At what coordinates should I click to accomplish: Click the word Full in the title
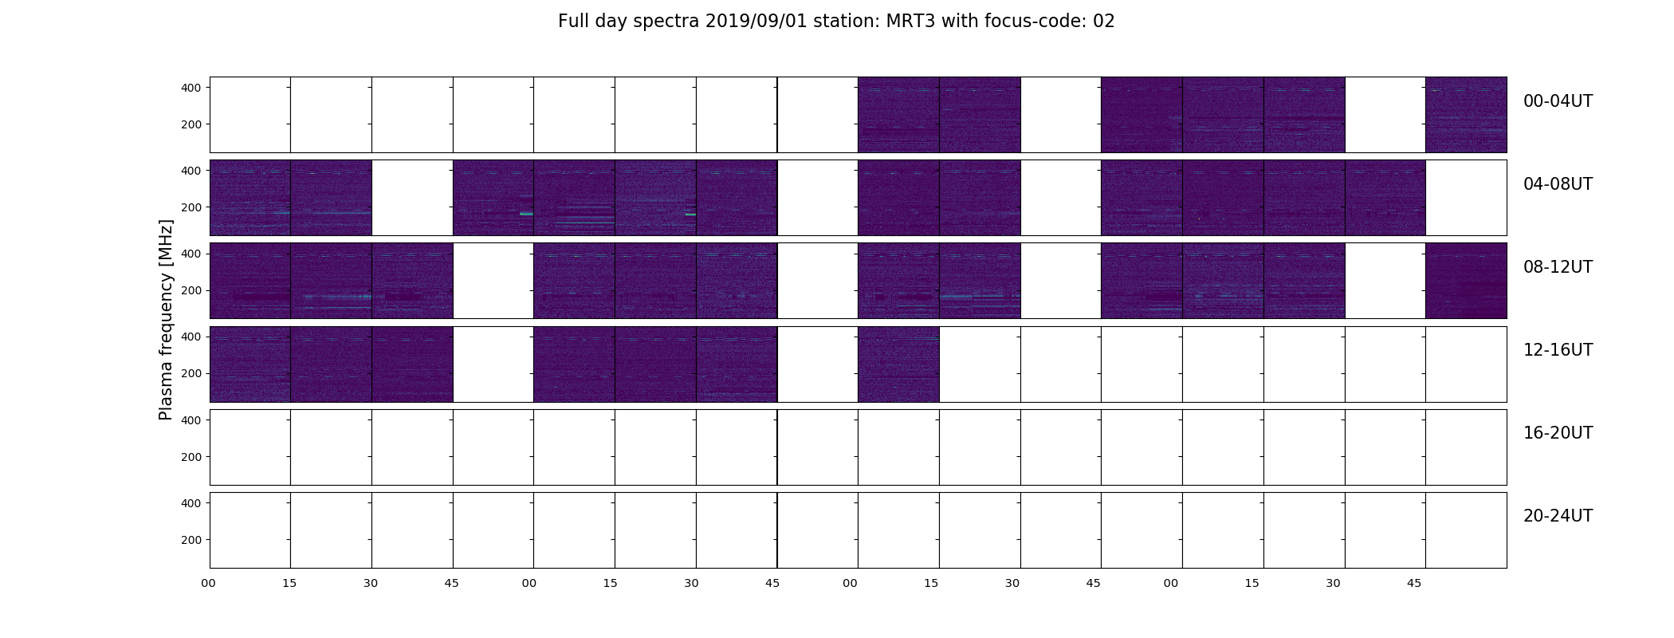coord(572,22)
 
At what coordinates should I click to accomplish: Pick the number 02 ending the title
coord(1104,22)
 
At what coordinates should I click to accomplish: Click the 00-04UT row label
coord(1558,101)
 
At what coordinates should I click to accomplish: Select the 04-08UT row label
coord(1558,184)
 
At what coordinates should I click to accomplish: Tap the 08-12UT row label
coord(1558,267)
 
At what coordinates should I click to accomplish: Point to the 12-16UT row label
coord(1558,350)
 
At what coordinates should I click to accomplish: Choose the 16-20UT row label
coord(1558,433)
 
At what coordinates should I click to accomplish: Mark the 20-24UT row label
coord(1558,516)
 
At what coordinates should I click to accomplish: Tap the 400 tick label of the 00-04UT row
coord(191,88)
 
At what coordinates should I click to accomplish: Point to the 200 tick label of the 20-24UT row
coord(191,540)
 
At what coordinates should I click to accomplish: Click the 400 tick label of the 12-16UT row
coord(191,337)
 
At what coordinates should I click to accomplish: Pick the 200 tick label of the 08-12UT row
coord(191,290)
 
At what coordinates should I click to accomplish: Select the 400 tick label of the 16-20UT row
coord(191,419)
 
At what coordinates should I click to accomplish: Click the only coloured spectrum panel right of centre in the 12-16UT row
coord(898,364)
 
